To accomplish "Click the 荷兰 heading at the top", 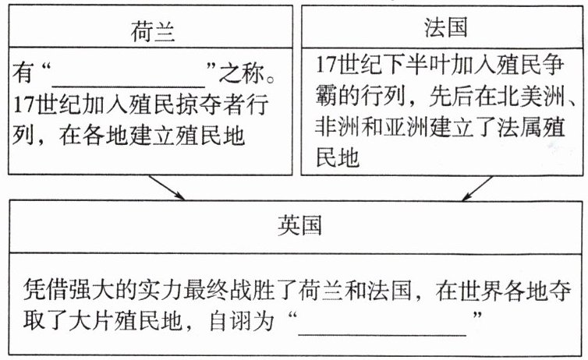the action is pos(154,30).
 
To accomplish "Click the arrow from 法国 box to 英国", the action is pos(476,186).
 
